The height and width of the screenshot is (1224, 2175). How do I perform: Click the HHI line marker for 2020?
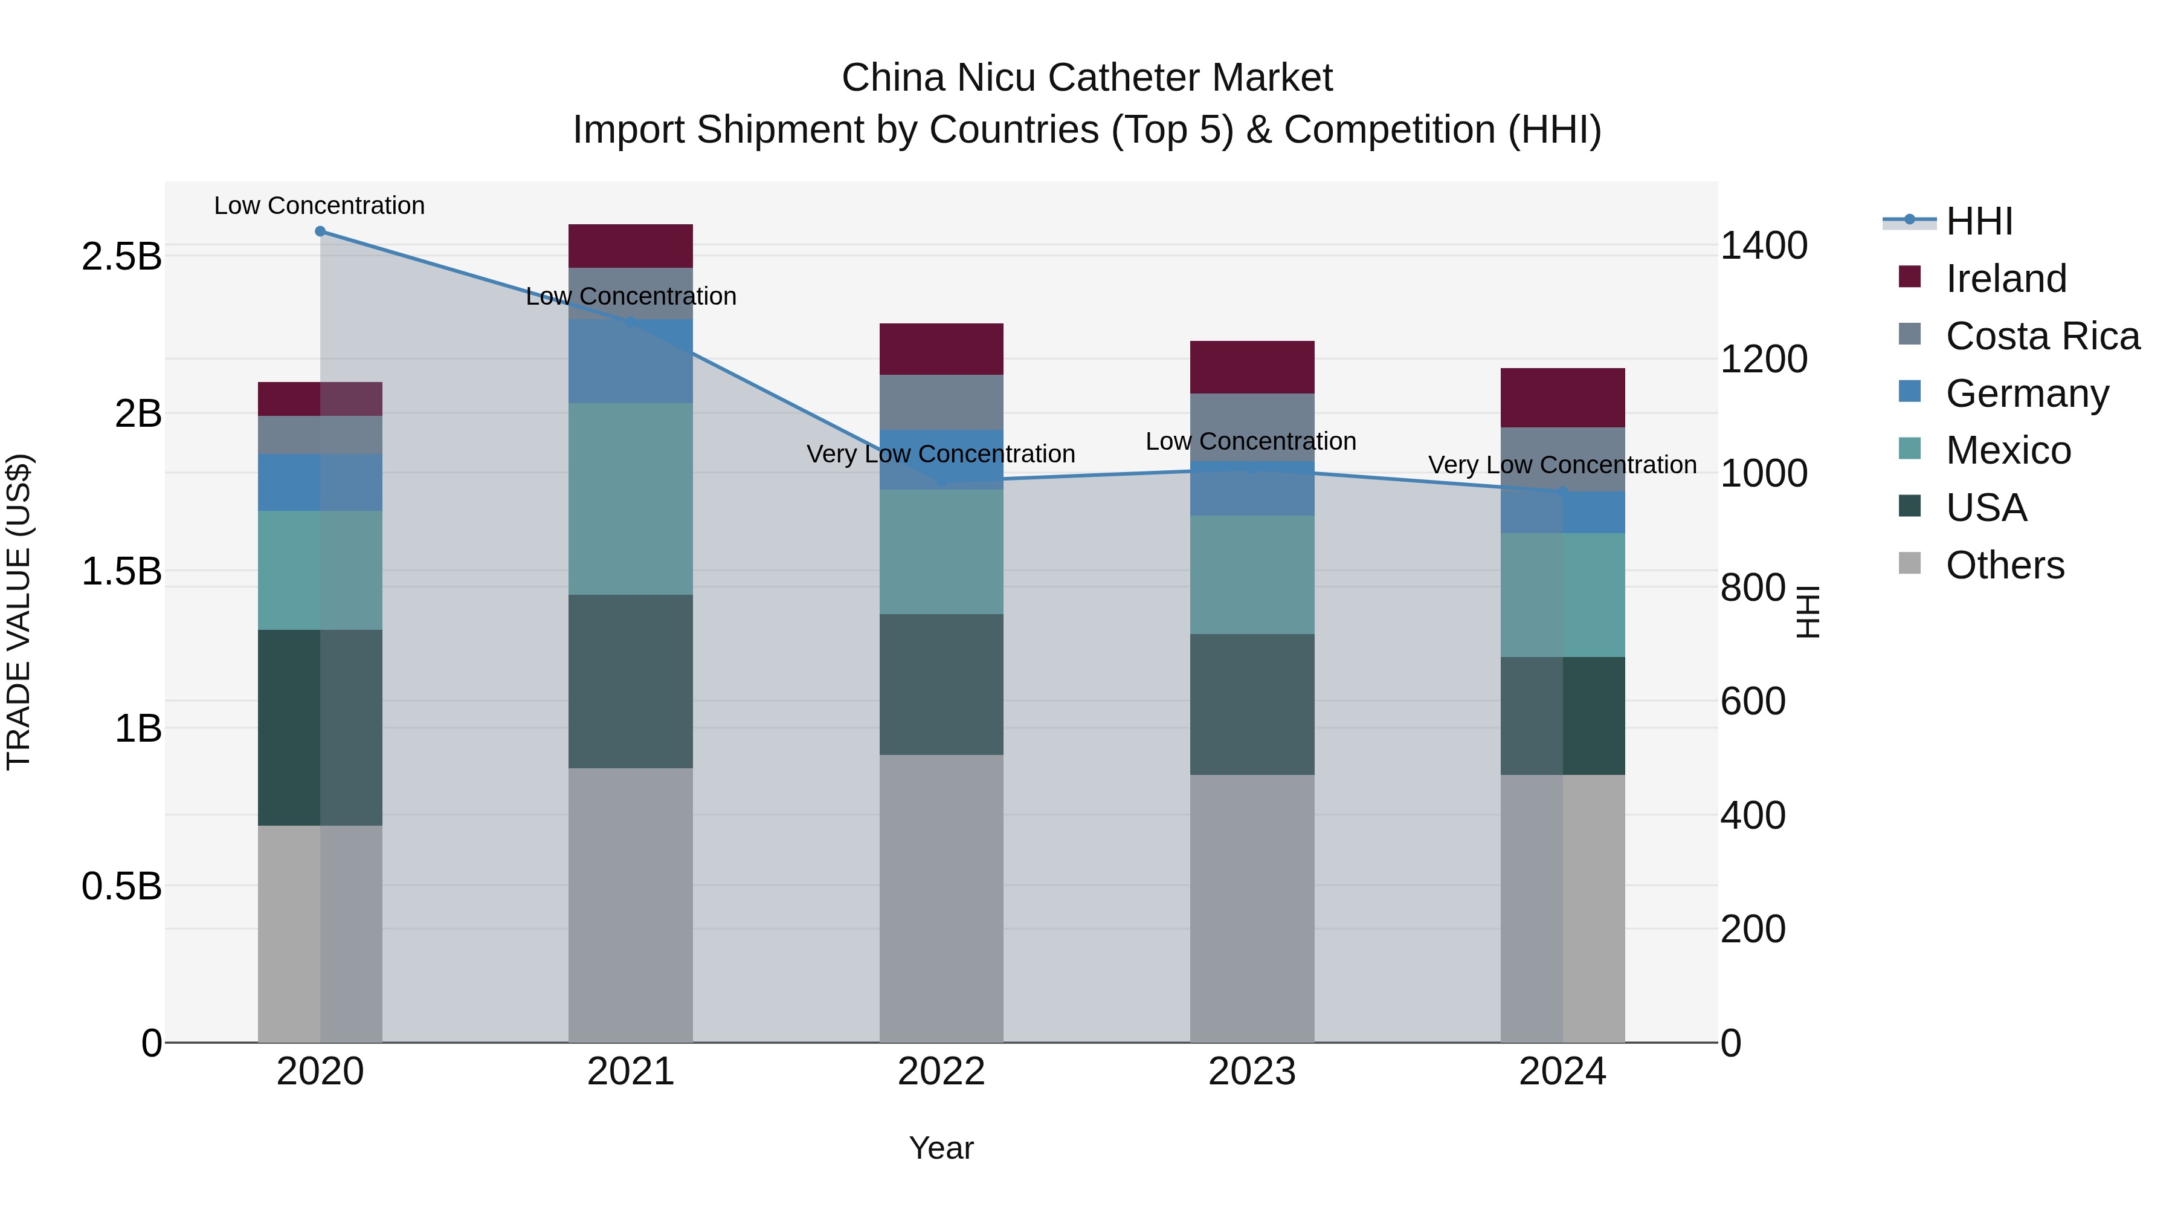click(x=320, y=232)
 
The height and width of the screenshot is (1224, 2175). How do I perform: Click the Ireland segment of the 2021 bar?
click(x=630, y=246)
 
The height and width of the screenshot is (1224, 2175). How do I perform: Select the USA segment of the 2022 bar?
click(x=941, y=684)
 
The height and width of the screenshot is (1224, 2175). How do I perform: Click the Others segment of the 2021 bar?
click(x=630, y=904)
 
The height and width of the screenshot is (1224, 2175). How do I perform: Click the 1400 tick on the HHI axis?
click(x=1764, y=246)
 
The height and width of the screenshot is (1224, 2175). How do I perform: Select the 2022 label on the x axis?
click(x=941, y=1072)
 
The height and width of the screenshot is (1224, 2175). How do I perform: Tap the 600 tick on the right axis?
click(x=1753, y=701)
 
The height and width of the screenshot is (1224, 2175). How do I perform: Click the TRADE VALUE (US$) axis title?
click(x=19, y=612)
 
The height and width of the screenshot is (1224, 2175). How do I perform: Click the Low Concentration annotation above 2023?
click(x=1251, y=441)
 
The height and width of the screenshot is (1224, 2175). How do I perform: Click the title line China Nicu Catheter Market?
click(x=1087, y=78)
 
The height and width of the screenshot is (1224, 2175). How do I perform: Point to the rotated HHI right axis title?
click(x=1808, y=612)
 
